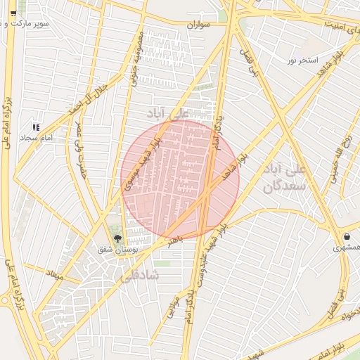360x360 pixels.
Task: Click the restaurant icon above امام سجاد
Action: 36,127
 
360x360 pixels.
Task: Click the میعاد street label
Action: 54,272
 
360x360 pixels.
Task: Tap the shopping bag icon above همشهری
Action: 349,236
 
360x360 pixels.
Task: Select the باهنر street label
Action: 174,240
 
